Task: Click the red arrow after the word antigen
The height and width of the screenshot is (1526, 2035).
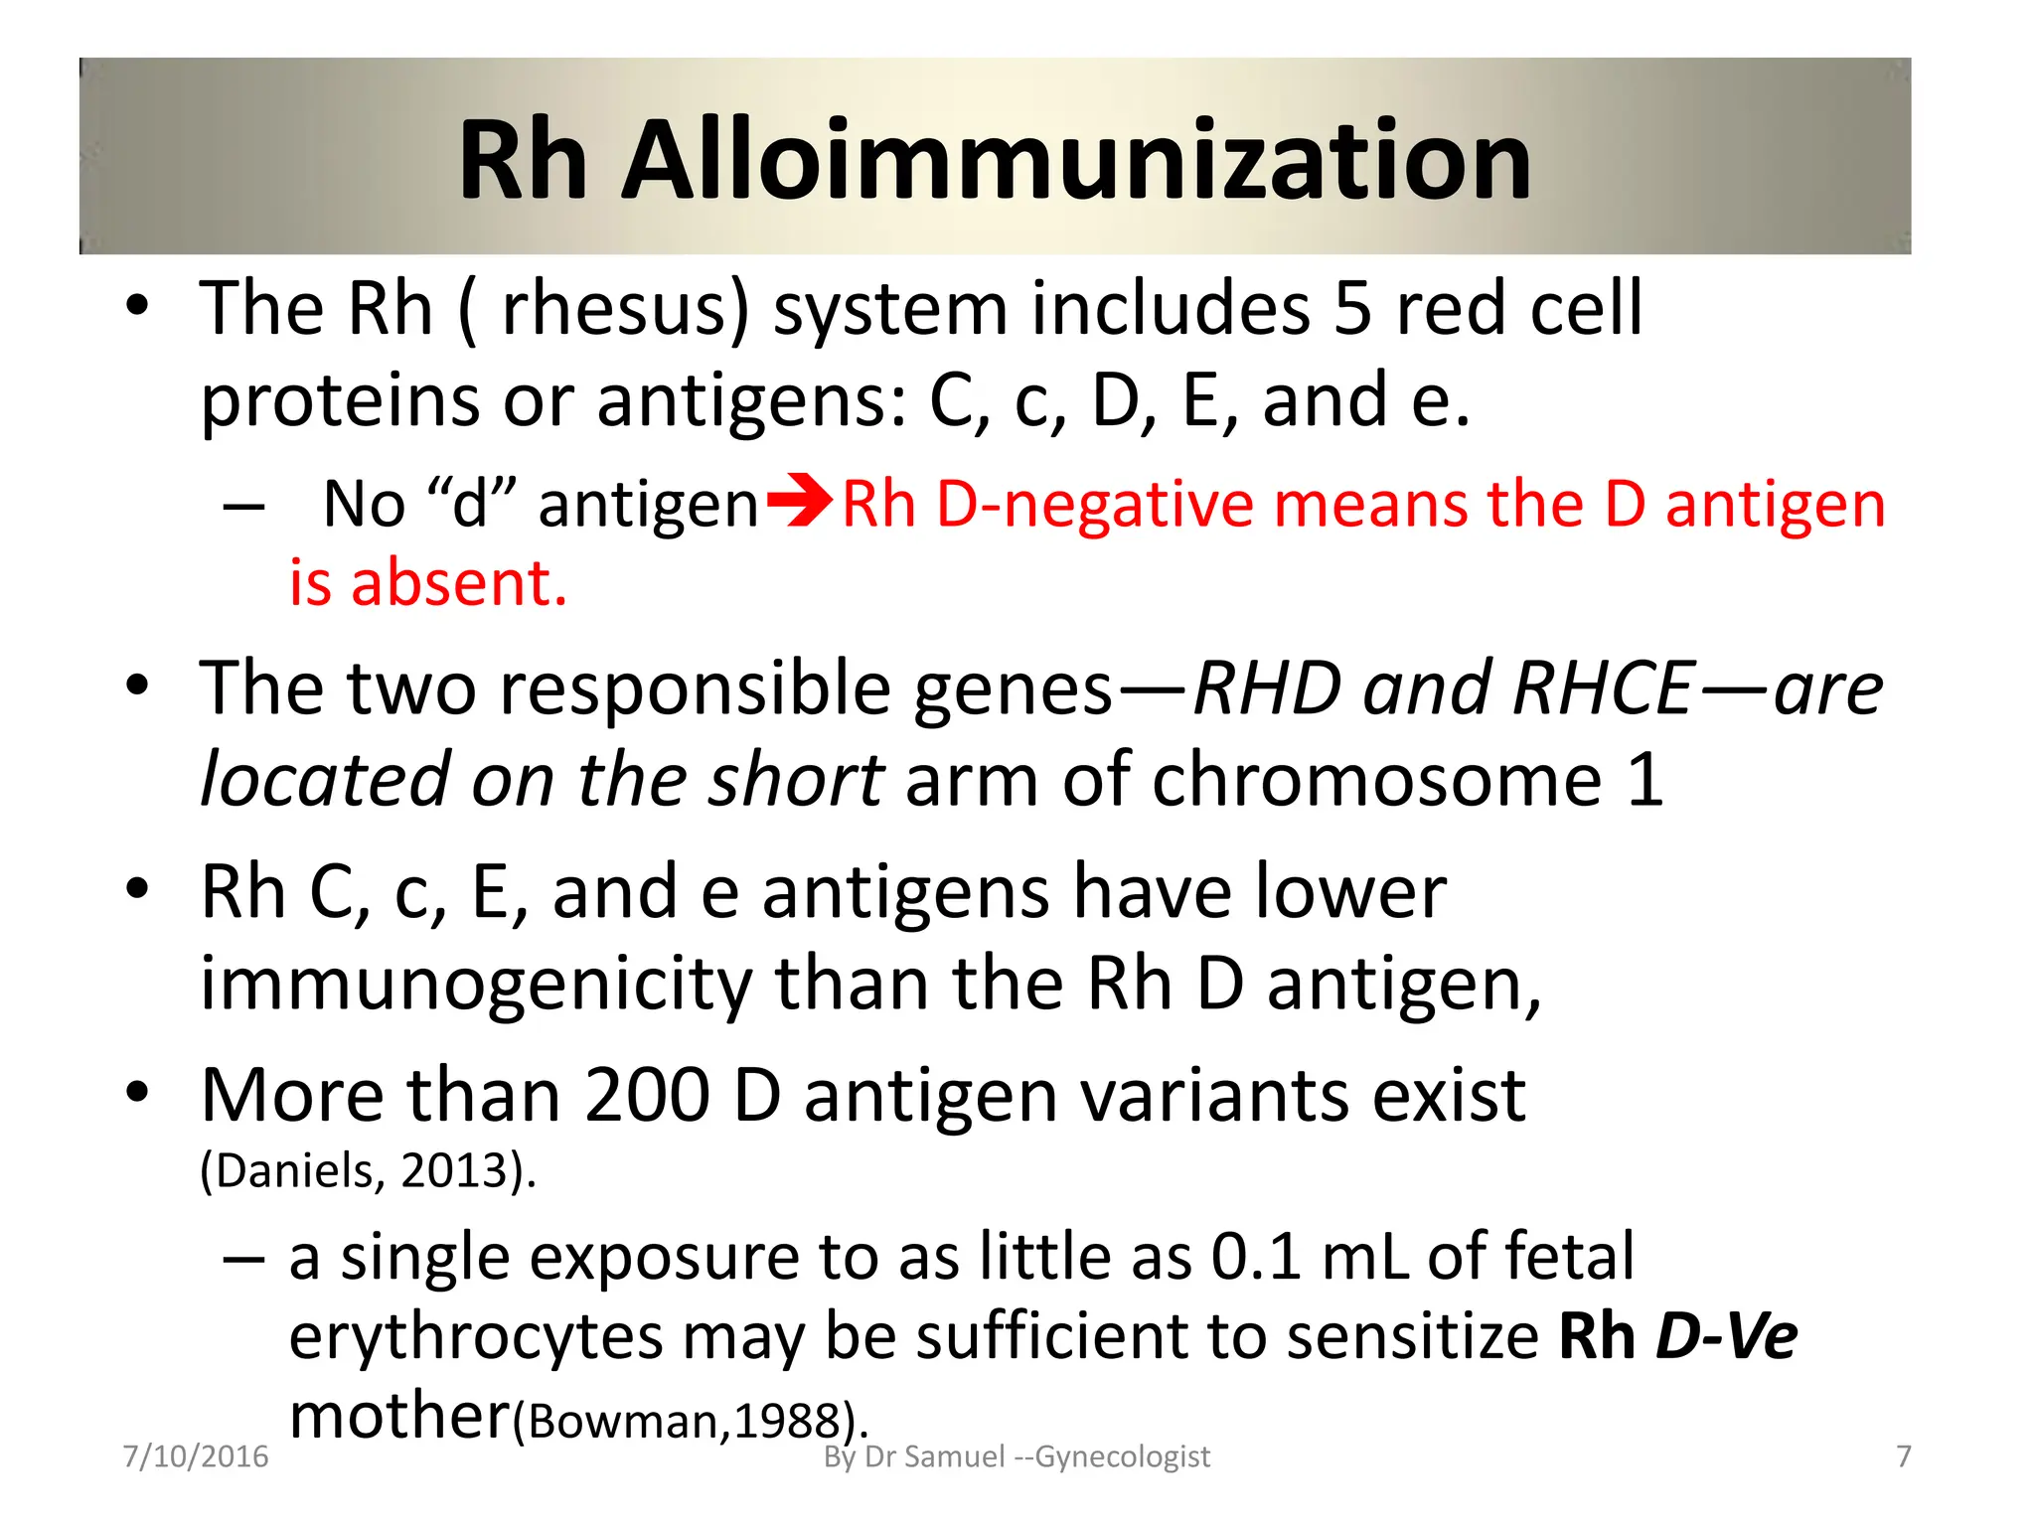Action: coord(800,502)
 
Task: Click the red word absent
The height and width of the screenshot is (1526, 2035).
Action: coord(459,583)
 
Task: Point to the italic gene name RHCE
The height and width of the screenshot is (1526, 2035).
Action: coord(1601,688)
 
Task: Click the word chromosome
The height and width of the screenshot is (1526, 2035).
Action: coord(1376,780)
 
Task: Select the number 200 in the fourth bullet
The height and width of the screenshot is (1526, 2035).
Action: coord(647,1096)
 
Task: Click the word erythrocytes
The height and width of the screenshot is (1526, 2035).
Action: coord(475,1337)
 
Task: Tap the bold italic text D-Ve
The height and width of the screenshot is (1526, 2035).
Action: coord(1727,1337)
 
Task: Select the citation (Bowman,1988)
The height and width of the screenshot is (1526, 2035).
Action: coord(691,1422)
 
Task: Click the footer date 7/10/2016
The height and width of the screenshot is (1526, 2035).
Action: coord(196,1456)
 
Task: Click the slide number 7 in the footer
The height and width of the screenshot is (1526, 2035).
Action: coord(1903,1456)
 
